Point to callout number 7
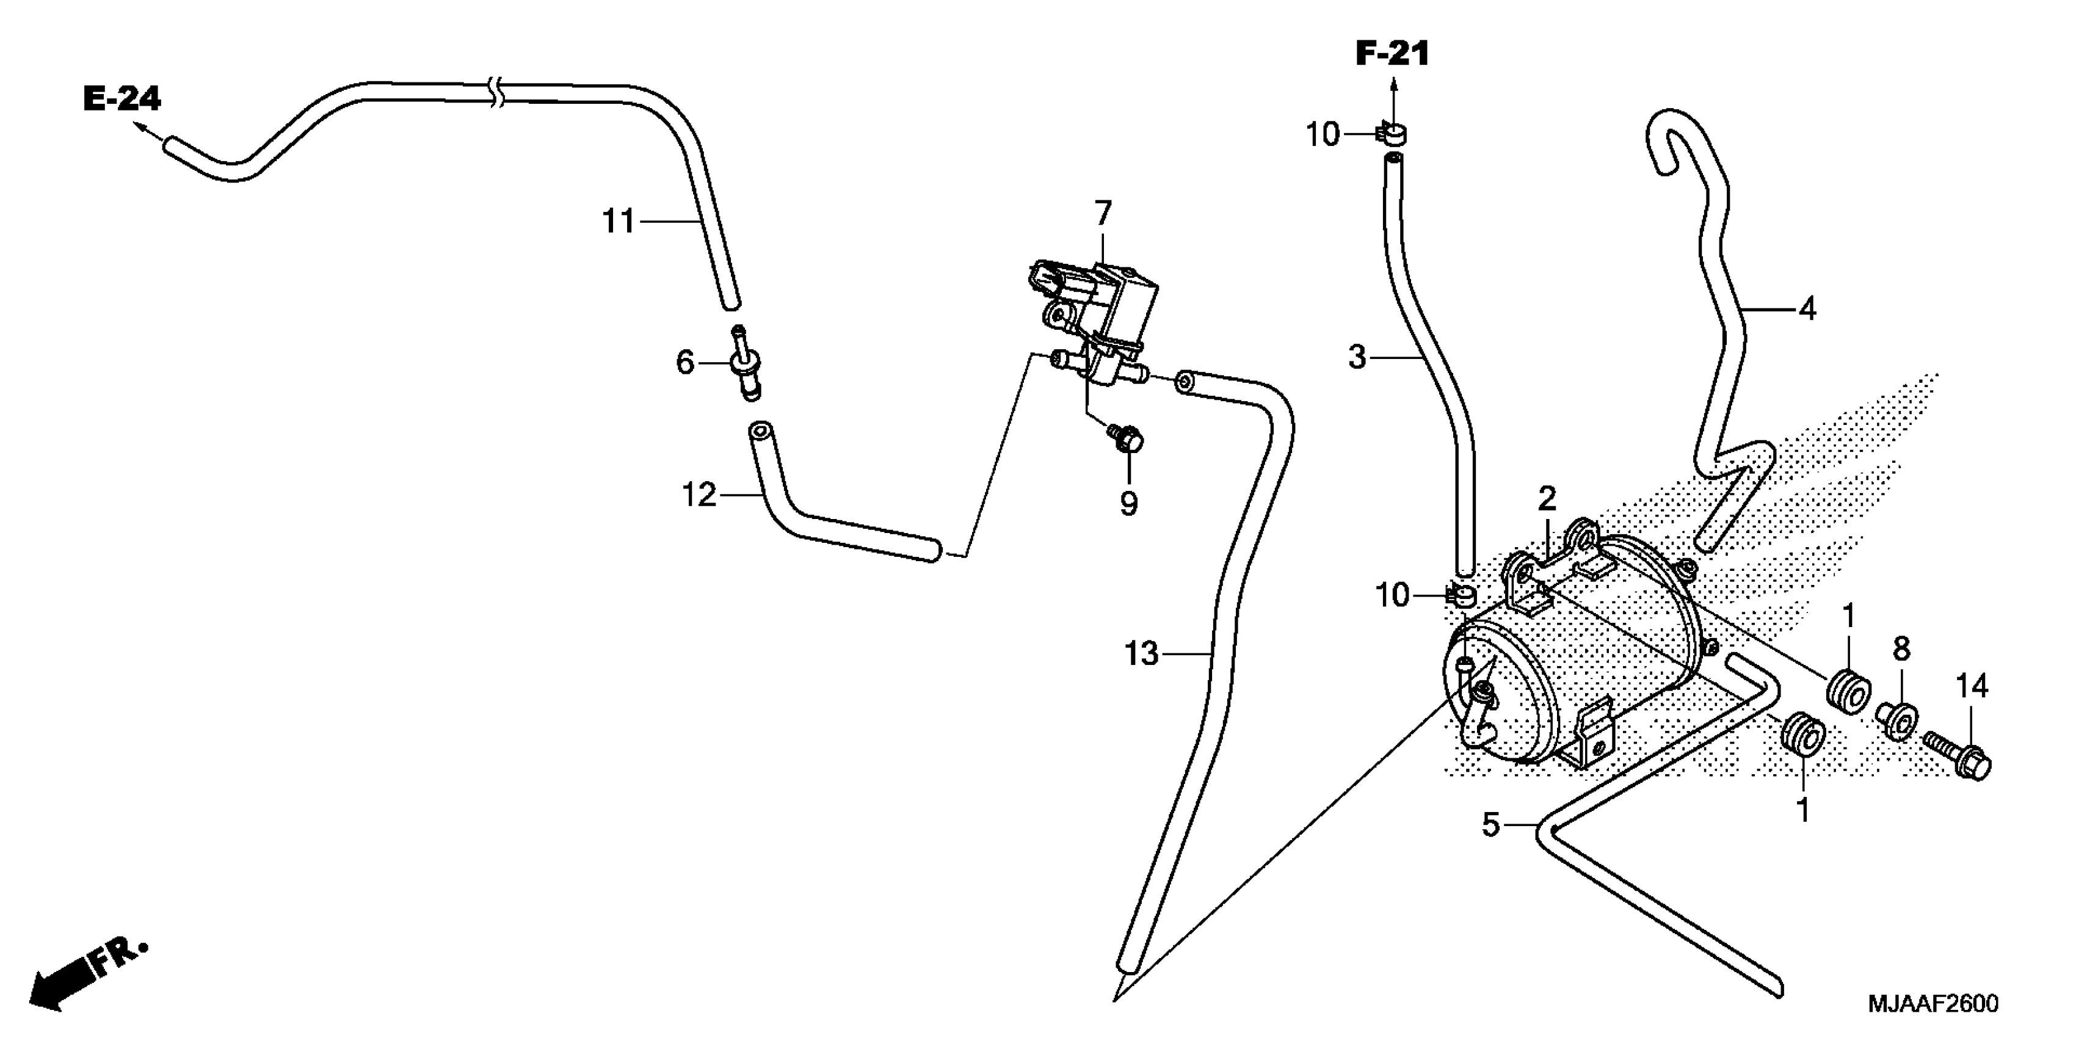coord(1103,214)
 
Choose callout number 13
coord(1141,653)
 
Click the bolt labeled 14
coord(1959,758)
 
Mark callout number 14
coord(1972,686)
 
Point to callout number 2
coord(1546,499)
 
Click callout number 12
coord(699,494)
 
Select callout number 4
coord(1807,309)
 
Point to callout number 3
coord(1358,356)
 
